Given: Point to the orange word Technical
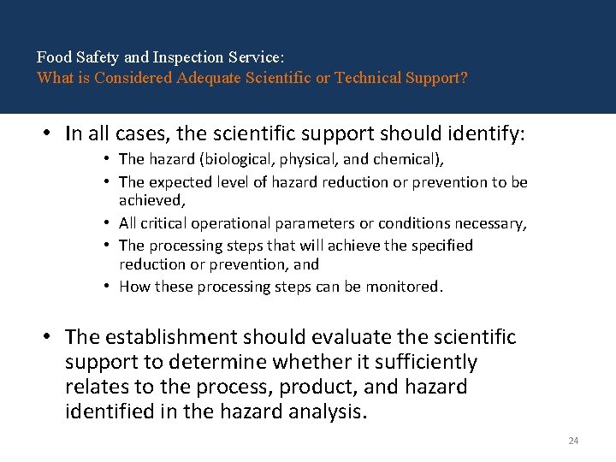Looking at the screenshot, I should (x=370, y=78).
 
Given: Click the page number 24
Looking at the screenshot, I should (x=573, y=441).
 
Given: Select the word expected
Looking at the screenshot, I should (x=177, y=182).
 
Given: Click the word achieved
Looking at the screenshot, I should (x=151, y=200).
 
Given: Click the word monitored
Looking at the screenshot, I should (x=406, y=287).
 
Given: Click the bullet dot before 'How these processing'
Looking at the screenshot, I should (x=109, y=287).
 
